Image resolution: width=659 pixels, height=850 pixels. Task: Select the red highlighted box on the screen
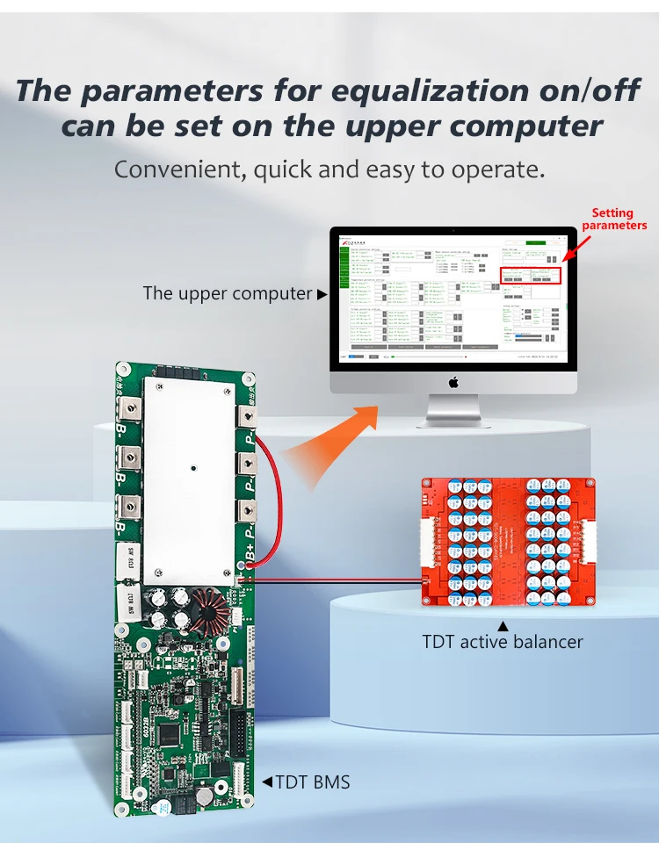(536, 276)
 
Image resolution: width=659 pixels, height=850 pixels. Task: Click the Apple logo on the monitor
(453, 382)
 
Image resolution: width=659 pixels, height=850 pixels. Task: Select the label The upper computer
(228, 293)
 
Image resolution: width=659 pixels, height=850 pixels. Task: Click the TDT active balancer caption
(503, 642)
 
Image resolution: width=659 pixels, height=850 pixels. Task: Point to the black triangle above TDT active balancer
(503, 626)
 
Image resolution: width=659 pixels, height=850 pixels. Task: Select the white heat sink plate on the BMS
(191, 485)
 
